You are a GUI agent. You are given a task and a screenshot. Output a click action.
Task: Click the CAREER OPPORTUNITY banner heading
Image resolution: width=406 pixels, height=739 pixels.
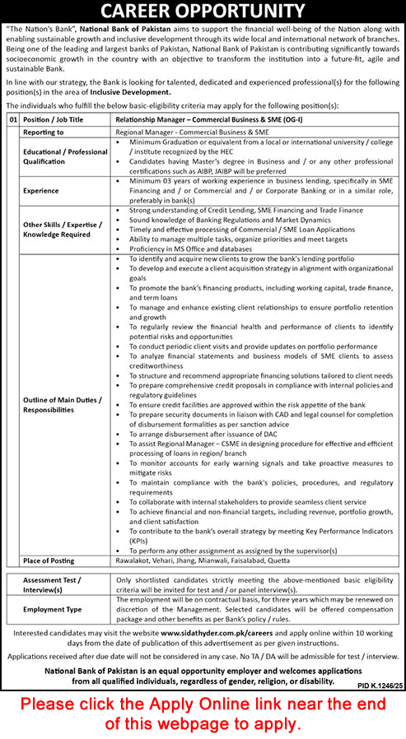click(203, 12)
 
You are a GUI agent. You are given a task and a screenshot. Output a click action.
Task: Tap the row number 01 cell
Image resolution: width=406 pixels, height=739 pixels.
click(12, 119)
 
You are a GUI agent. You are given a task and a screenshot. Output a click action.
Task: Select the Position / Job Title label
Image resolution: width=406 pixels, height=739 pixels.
click(53, 119)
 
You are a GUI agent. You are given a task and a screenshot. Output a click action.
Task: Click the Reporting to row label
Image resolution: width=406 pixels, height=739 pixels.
click(45, 132)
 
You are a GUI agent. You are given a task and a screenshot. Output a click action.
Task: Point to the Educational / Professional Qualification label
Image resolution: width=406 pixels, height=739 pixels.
click(65, 156)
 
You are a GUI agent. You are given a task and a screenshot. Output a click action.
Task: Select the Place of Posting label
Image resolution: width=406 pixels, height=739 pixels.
click(49, 560)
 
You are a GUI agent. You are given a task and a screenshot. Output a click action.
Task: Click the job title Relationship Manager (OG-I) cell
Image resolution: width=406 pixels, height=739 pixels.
click(204, 119)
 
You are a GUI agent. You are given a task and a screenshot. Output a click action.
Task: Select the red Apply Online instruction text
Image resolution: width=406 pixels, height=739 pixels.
click(203, 713)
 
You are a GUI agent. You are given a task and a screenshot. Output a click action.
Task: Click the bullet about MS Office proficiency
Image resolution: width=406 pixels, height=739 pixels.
click(189, 249)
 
